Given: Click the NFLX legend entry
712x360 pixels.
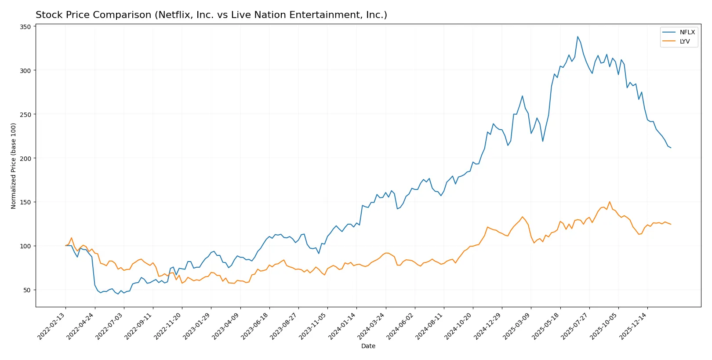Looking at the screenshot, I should [687, 32].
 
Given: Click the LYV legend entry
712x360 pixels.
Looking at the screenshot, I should [684, 41].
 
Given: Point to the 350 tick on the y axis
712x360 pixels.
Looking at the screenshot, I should [25, 27].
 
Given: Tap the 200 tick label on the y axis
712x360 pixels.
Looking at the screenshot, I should [25, 158].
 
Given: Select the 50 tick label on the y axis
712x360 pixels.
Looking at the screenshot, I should [27, 290].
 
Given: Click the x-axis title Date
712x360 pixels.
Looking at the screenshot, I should [368, 346].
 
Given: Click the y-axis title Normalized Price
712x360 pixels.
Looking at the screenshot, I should [14, 166].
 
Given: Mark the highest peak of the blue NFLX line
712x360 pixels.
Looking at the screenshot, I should [578, 36].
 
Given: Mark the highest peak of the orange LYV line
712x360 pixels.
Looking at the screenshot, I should [610, 202].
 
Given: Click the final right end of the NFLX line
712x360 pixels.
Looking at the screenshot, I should [671, 148].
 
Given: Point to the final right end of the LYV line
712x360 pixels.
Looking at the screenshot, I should [671, 225].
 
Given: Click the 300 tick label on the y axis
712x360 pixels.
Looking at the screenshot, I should [25, 71].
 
